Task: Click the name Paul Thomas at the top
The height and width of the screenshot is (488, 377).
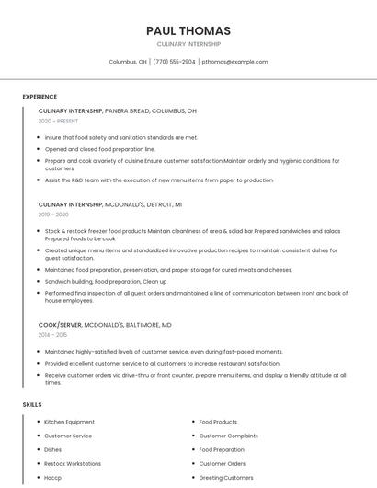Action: click(x=188, y=30)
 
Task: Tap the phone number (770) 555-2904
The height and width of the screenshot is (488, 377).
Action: click(x=174, y=62)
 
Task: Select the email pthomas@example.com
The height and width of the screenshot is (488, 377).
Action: click(x=234, y=62)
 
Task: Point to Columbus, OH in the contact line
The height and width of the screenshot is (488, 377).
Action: click(x=128, y=62)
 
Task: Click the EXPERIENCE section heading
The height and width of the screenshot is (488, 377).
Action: click(x=40, y=97)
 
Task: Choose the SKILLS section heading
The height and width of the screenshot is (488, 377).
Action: click(x=32, y=404)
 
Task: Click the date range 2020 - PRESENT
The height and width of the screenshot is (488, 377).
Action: click(x=58, y=121)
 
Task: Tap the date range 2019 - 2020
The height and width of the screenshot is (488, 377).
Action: click(x=53, y=215)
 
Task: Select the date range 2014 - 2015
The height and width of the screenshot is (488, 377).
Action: click(x=53, y=335)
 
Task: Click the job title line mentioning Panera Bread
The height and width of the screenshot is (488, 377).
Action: click(x=118, y=110)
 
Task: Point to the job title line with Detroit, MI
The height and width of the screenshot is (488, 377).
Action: click(x=110, y=204)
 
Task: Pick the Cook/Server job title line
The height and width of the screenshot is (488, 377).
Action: click(x=105, y=325)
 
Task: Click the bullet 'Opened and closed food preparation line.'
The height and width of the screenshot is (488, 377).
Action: click(x=100, y=148)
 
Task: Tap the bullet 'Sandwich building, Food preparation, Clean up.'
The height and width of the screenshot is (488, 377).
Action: click(x=106, y=281)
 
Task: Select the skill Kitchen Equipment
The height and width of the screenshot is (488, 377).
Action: click(x=70, y=422)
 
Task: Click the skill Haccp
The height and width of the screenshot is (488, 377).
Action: click(x=53, y=478)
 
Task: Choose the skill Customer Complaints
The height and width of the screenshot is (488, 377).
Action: click(x=229, y=436)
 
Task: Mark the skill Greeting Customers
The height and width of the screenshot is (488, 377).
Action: click(x=226, y=478)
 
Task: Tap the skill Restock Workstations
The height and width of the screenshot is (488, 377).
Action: click(x=73, y=464)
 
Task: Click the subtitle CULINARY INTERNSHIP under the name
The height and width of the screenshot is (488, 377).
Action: click(x=188, y=43)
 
